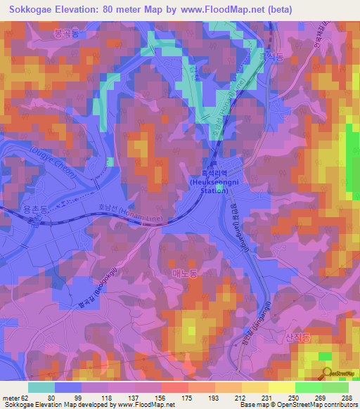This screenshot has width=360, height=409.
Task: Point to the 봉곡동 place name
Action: coord(67,33)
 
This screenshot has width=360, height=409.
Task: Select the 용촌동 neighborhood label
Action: coord(37,209)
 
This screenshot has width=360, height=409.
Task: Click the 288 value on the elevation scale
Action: coord(346,396)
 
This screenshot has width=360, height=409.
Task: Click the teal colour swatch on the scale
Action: coord(41,387)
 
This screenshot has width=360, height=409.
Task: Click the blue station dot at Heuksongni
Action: coord(219,188)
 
